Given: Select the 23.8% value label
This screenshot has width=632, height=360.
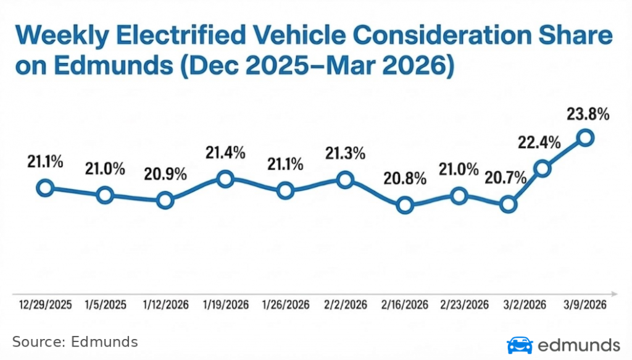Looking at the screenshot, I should coord(588,114).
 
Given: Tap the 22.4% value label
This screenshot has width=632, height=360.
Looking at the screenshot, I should coord(539,143).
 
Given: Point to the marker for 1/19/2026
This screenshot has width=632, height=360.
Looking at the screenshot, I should coord(225,180).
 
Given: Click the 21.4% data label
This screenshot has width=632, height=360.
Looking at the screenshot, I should coord(225,153).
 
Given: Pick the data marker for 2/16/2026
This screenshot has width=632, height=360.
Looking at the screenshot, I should coord(404,205).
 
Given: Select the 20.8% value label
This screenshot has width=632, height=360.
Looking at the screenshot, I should coord(405,179).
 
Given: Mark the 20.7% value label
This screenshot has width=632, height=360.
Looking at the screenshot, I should coord(506,179).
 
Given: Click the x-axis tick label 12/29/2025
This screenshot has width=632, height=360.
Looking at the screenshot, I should coord(45,305).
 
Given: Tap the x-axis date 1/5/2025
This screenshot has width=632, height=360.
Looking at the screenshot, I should coord(105,305).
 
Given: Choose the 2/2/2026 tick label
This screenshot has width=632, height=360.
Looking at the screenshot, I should coord(346,305).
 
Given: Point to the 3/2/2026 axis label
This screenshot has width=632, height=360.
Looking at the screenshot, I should coord(524,305).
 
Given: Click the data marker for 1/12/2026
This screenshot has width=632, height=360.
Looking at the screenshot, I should coord(165,200).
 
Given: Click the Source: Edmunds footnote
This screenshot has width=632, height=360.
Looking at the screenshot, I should coord(75,342).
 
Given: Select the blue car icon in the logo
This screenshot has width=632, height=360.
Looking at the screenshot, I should coord(520,345).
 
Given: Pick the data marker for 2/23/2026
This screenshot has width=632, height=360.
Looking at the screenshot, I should coord(459,196).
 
